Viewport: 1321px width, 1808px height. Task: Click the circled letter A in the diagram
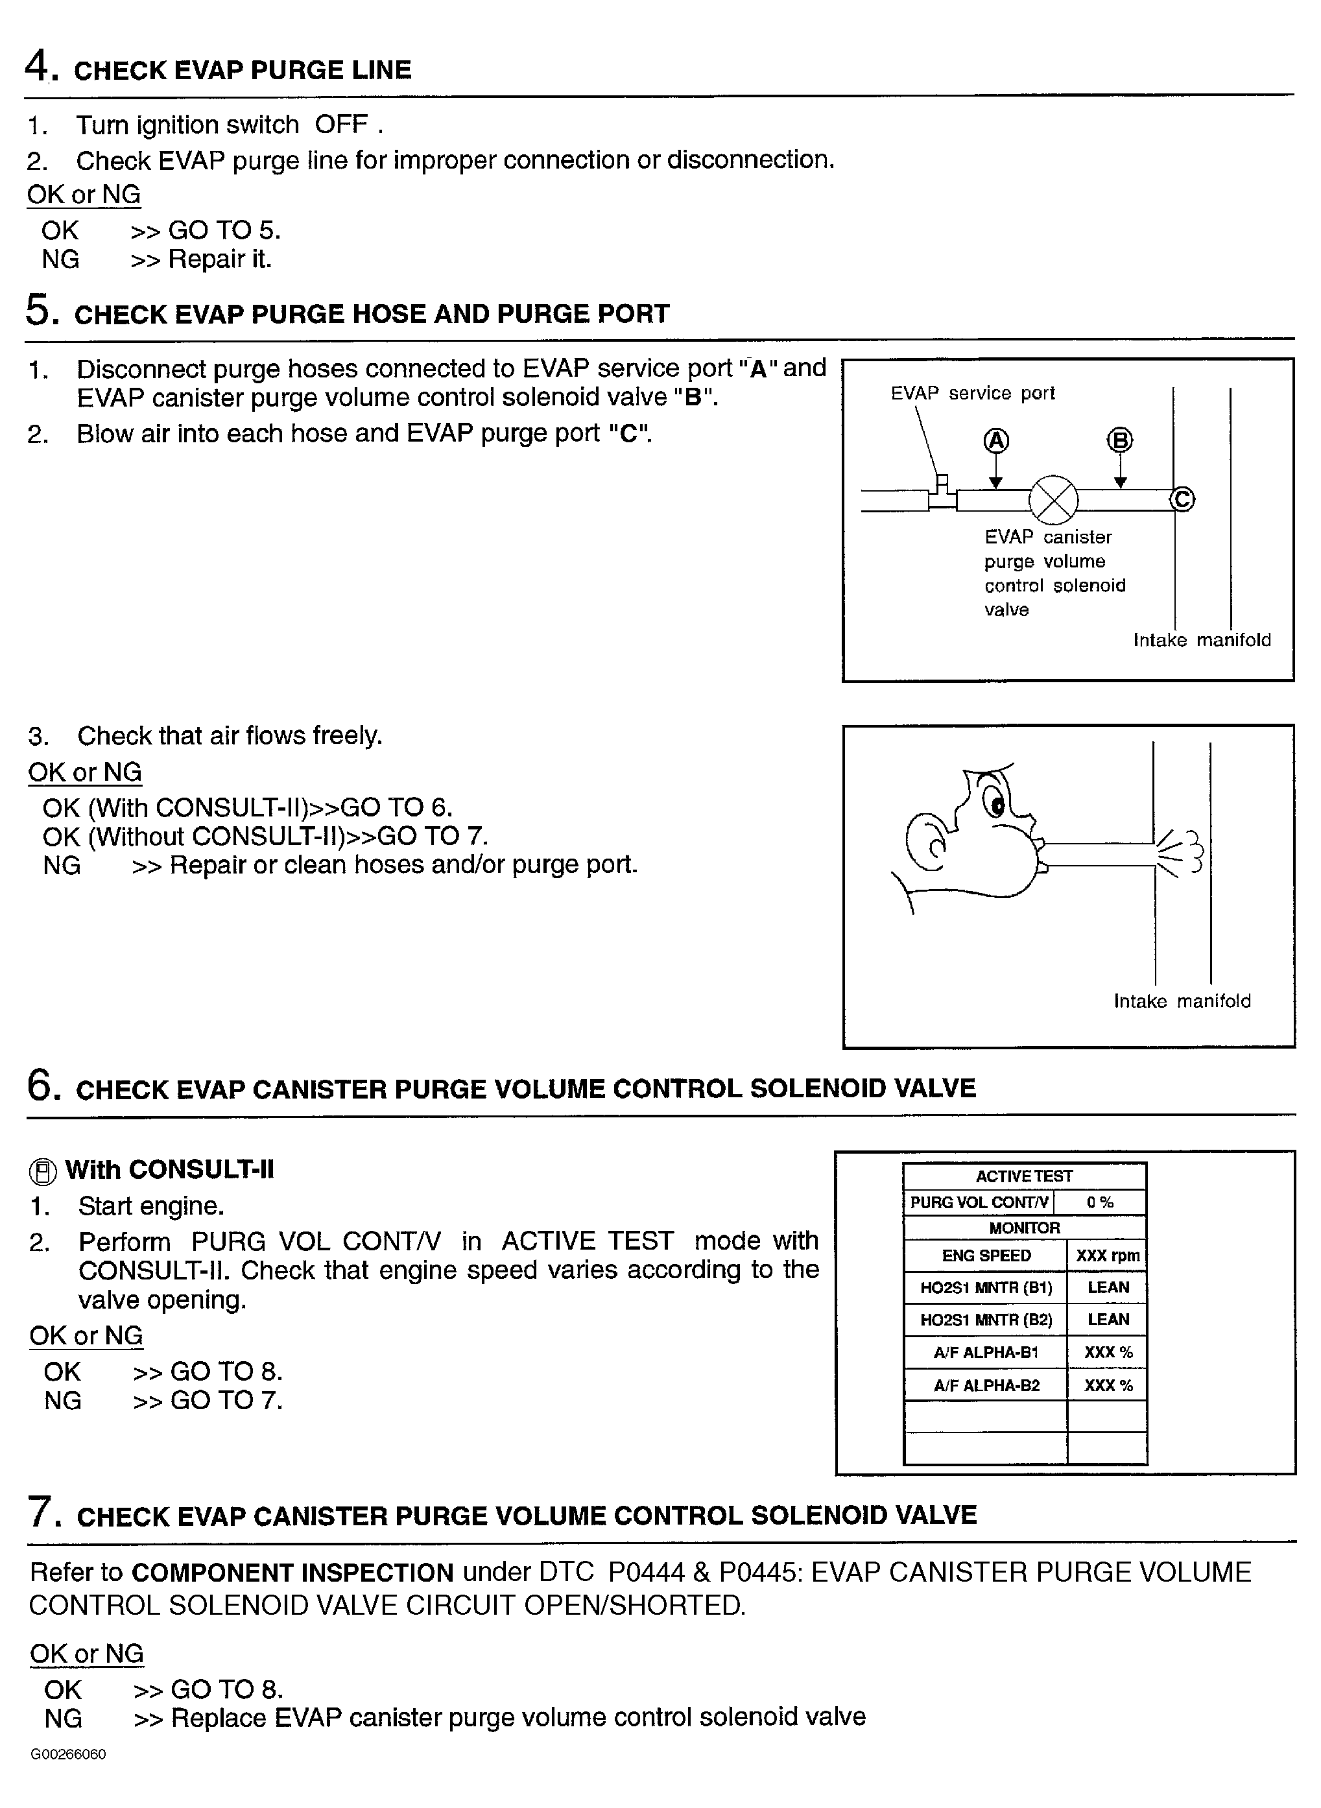(x=995, y=440)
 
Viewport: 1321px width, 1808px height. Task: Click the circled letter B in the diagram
(x=1119, y=440)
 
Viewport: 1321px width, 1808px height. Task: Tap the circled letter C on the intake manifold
(x=1182, y=499)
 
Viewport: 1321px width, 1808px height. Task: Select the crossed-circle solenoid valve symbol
(x=1053, y=500)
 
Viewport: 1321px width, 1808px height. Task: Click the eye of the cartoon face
(x=996, y=805)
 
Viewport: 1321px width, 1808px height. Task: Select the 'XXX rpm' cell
(x=1107, y=1255)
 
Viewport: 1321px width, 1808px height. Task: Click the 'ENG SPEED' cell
(x=986, y=1255)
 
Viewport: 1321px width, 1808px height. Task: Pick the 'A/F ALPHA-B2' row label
(x=986, y=1385)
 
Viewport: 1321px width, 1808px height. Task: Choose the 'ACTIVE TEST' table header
(x=1023, y=1176)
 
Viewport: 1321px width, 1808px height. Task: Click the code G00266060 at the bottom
(x=68, y=1754)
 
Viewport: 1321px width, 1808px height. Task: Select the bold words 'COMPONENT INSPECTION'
(x=292, y=1572)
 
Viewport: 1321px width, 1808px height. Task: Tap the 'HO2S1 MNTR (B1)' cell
(x=986, y=1287)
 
